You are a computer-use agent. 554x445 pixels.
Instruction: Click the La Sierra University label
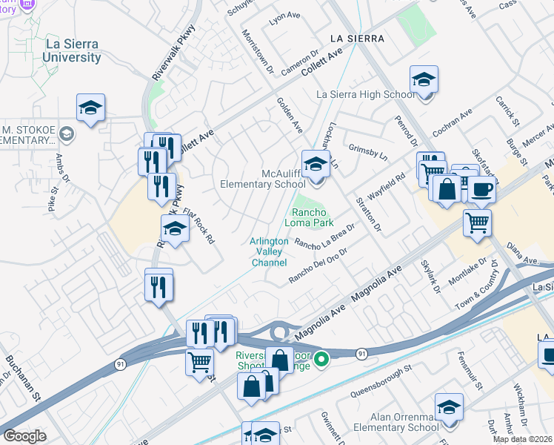tap(73, 50)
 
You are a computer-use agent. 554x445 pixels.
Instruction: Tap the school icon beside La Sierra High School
tap(424, 79)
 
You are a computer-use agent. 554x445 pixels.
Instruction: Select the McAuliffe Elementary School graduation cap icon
tap(316, 164)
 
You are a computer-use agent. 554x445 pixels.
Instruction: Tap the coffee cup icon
tap(481, 190)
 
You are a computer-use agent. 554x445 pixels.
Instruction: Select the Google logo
tap(24, 436)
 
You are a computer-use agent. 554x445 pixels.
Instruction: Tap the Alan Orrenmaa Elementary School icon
tap(448, 407)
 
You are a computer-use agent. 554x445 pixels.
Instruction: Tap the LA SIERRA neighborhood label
tap(357, 38)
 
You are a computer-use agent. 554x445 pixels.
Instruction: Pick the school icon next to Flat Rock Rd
tap(175, 230)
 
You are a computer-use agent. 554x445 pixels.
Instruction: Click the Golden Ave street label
tap(290, 115)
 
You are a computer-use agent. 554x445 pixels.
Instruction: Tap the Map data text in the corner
tap(522, 439)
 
